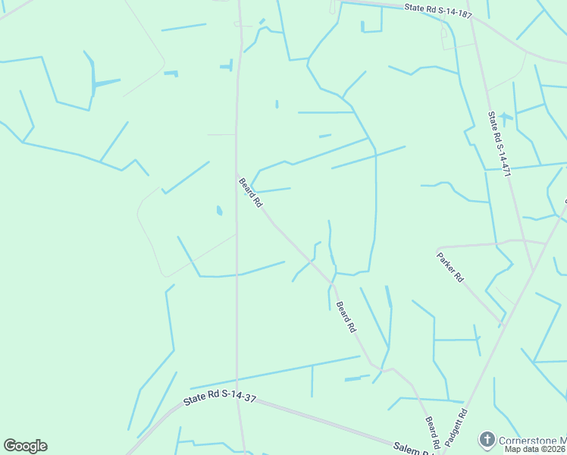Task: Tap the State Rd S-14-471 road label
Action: click(500, 145)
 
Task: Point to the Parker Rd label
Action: click(450, 266)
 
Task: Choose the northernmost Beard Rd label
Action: click(250, 193)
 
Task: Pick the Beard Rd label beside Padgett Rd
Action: click(432, 433)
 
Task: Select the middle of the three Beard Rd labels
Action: click(346, 317)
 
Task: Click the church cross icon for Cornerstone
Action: click(487, 439)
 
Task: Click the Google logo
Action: click(25, 446)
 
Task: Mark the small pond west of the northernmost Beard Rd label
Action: click(219, 210)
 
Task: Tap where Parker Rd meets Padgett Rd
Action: click(500, 323)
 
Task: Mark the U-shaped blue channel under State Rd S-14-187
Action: click(371, 27)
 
